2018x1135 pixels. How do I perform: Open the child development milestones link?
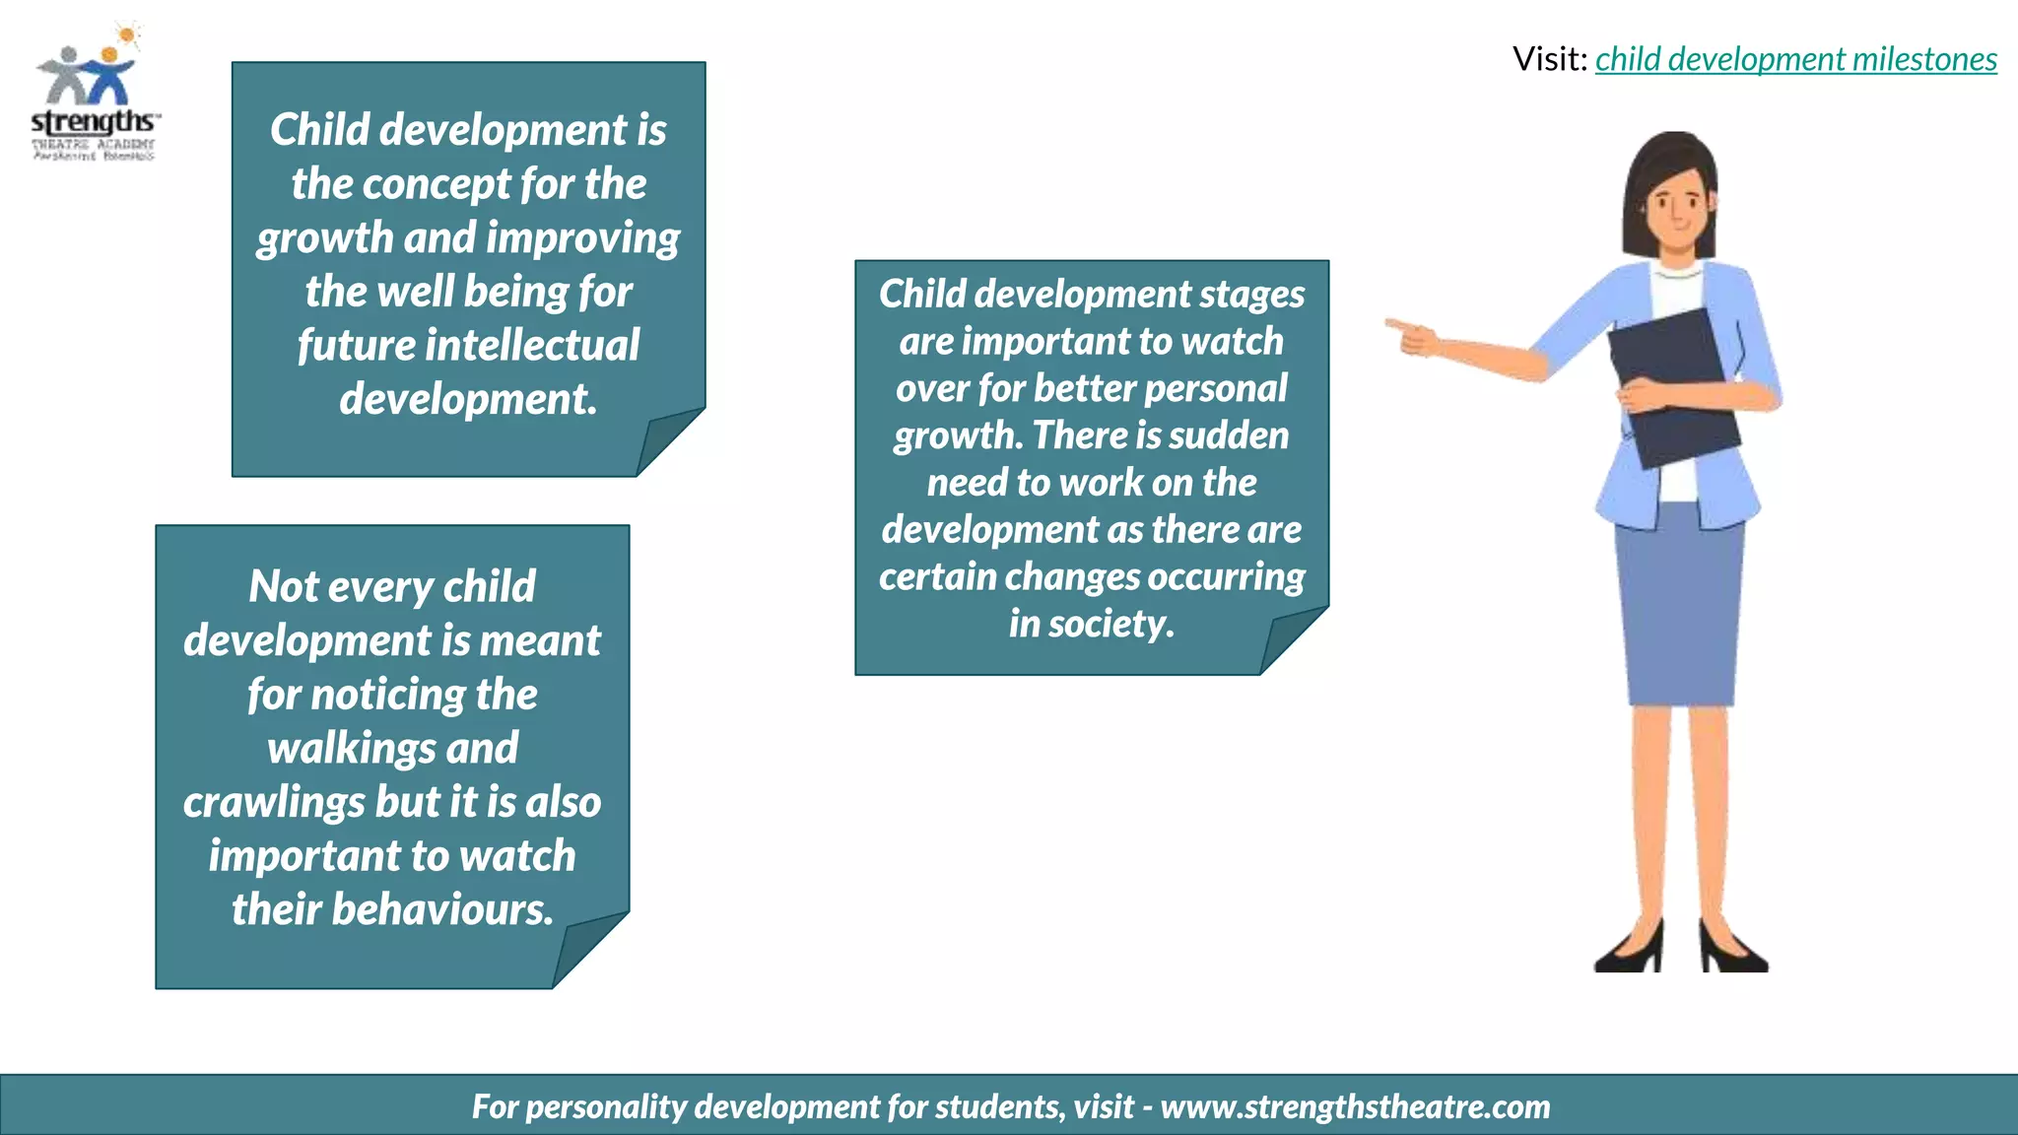[1795, 59]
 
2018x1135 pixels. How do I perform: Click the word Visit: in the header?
[1549, 59]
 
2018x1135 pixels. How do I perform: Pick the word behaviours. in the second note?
[442, 909]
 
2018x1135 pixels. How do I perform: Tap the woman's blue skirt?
[1678, 611]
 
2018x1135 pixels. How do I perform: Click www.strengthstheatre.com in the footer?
[1355, 1106]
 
